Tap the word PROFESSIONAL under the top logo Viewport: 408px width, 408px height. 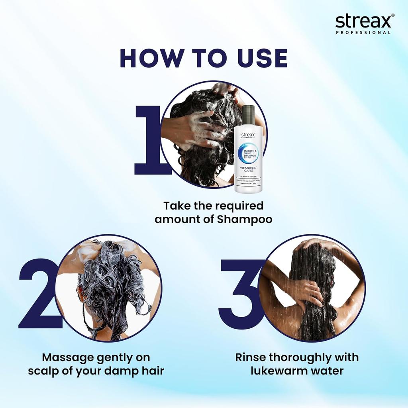[363, 33]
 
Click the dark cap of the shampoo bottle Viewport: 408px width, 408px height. [248, 116]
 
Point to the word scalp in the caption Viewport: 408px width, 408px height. [43, 371]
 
